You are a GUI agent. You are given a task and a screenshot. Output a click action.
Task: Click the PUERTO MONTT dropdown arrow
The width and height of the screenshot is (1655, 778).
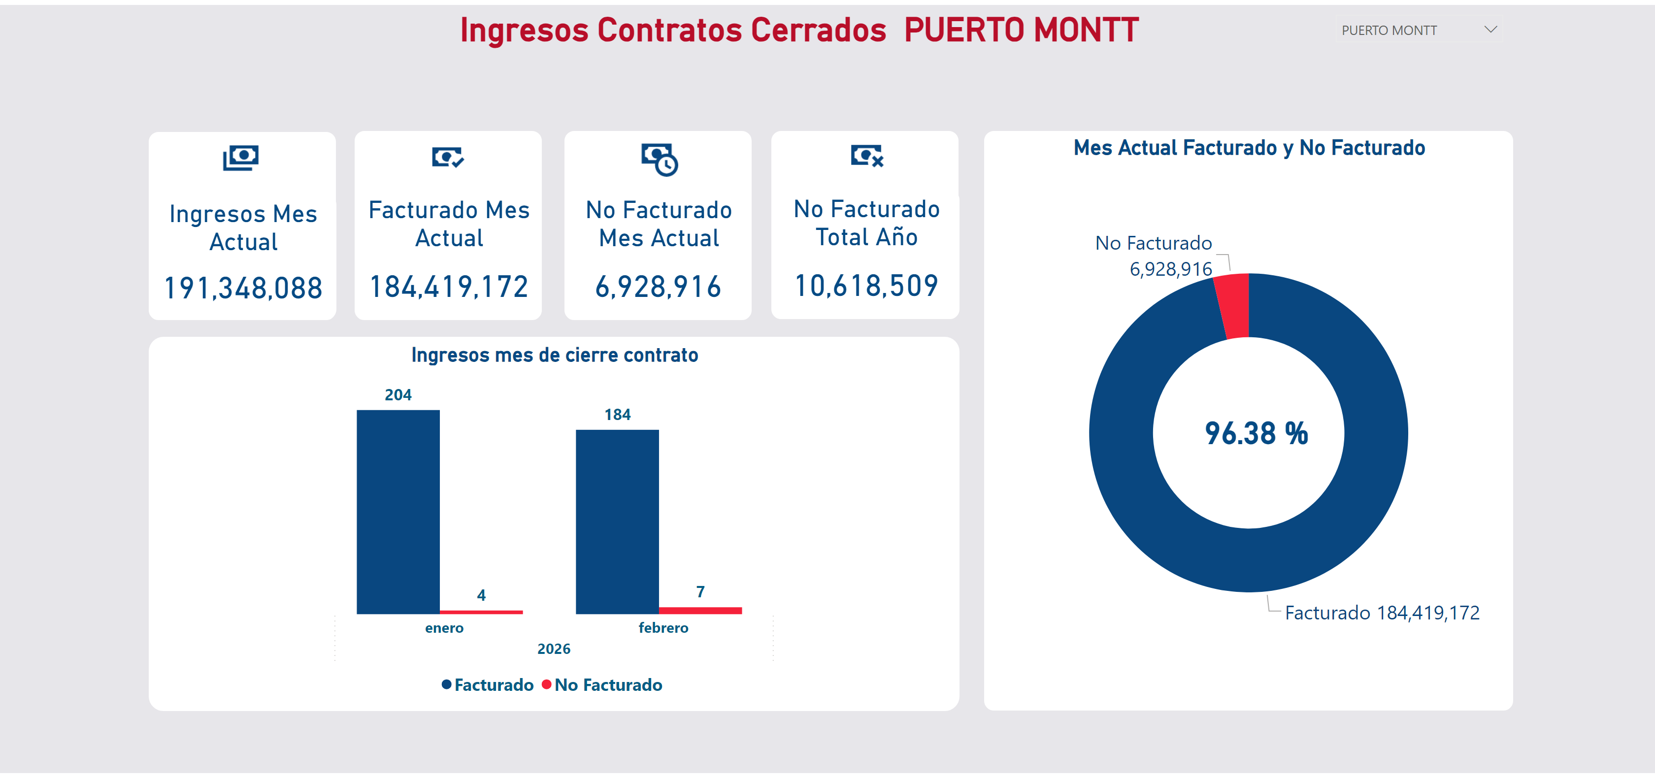(x=1490, y=30)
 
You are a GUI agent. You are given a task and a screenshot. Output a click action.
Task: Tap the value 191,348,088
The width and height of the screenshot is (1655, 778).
(x=243, y=289)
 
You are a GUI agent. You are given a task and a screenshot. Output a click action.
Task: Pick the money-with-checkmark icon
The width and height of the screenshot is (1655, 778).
(x=448, y=157)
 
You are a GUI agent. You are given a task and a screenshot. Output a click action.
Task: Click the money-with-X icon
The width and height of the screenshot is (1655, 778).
(x=867, y=156)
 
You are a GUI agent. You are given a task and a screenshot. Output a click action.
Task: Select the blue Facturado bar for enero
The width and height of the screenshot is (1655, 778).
(x=398, y=512)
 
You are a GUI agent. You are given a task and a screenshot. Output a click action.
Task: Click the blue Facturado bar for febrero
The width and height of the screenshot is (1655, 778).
(x=617, y=521)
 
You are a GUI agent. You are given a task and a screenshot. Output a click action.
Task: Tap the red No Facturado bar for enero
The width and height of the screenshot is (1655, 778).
(x=481, y=612)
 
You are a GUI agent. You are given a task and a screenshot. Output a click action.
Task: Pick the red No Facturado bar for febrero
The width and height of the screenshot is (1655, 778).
(x=700, y=610)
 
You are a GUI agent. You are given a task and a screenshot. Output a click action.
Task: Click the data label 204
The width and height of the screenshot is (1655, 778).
(x=398, y=394)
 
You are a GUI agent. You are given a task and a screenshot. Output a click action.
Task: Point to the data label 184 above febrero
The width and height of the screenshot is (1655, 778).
(x=617, y=415)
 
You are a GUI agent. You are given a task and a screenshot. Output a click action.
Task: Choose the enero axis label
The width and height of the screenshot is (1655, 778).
(x=444, y=628)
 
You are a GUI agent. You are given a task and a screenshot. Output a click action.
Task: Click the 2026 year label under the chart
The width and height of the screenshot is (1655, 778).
(x=554, y=649)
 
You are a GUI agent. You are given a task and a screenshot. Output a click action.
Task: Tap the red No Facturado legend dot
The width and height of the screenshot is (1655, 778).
(x=546, y=684)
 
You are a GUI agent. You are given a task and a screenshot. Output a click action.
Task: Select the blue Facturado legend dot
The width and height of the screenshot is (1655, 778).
(x=447, y=684)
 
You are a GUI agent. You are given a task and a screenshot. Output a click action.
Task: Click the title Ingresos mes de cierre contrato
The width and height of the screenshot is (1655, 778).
(x=555, y=355)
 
